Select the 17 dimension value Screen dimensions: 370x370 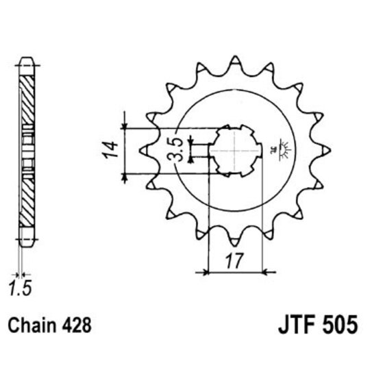click(x=234, y=261)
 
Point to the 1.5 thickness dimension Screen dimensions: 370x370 click(x=21, y=288)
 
